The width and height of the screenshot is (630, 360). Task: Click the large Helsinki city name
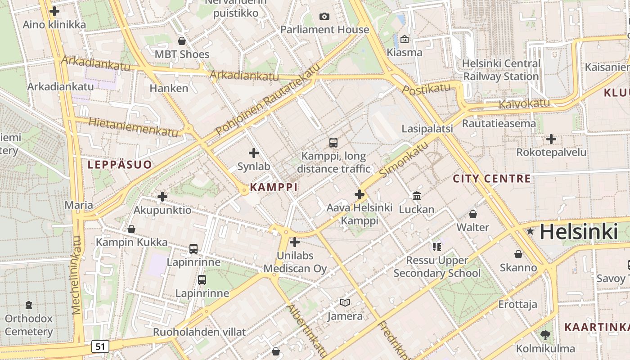pos(578,232)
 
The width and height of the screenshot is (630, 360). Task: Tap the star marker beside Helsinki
pos(531,232)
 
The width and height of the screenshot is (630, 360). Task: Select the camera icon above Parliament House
pos(324,17)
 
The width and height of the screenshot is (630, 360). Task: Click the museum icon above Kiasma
pos(405,39)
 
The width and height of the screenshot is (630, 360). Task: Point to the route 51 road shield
pos(100,346)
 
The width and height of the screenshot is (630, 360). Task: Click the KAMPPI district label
pos(274,187)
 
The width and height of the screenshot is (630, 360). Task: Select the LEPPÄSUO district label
pos(120,165)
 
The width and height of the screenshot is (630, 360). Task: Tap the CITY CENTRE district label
pos(491,179)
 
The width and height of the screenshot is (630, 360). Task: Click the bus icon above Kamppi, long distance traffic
pos(333,143)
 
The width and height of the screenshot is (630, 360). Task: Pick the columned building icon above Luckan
pos(417,196)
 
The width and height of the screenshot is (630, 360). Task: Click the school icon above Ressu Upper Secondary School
pos(436,247)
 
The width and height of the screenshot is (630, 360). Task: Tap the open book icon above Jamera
pos(345,303)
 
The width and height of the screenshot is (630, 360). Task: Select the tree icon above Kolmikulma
pos(545,335)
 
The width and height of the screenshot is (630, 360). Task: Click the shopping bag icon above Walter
pos(472,214)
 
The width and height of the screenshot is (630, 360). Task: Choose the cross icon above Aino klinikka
pos(54,11)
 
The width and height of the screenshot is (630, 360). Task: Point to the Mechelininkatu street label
pos(76,274)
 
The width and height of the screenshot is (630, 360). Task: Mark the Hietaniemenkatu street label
pos(133,127)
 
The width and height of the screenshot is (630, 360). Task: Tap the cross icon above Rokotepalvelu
pos(551,139)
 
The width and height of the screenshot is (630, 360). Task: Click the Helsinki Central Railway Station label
pos(501,70)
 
